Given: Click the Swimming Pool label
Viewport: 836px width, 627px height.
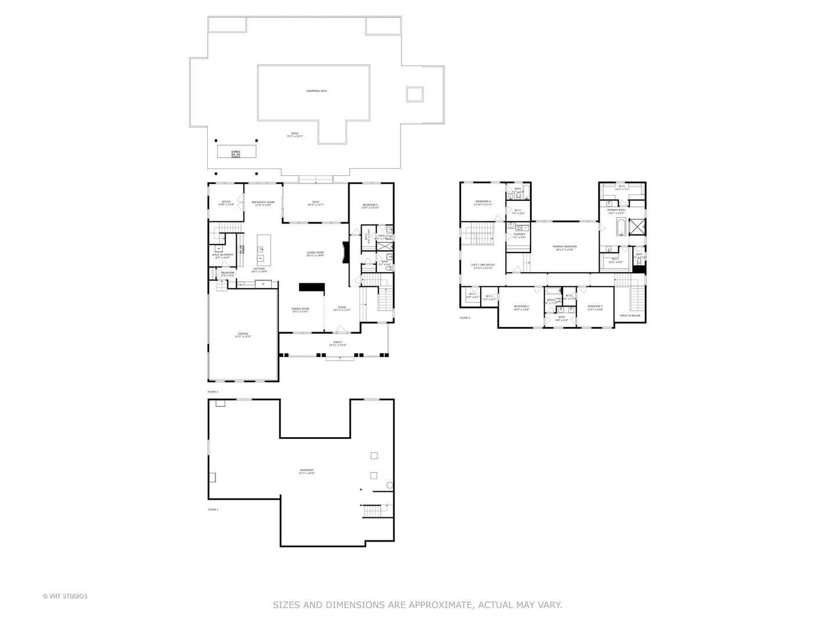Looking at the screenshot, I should click(x=316, y=91).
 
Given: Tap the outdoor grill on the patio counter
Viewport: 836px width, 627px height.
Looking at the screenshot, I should click(x=236, y=154).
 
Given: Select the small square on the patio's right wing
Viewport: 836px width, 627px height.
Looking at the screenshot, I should click(x=414, y=94).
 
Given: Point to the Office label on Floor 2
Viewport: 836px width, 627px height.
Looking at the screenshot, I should click(x=226, y=203).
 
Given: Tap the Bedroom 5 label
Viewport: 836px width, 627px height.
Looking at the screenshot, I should click(x=370, y=206).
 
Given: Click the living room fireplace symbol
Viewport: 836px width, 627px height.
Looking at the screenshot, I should click(x=345, y=253).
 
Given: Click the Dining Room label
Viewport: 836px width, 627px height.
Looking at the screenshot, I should click(x=300, y=309).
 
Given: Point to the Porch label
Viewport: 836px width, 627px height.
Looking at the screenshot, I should click(x=337, y=343).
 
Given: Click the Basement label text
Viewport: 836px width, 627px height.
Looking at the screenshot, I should click(x=307, y=471).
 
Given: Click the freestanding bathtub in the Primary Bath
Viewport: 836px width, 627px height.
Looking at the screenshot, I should click(x=621, y=226).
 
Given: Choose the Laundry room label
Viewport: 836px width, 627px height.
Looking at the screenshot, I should click(x=519, y=235).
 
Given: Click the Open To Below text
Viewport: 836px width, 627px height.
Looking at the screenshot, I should click(x=630, y=315).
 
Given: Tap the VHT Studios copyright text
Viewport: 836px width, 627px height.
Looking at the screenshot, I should click(x=65, y=596).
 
